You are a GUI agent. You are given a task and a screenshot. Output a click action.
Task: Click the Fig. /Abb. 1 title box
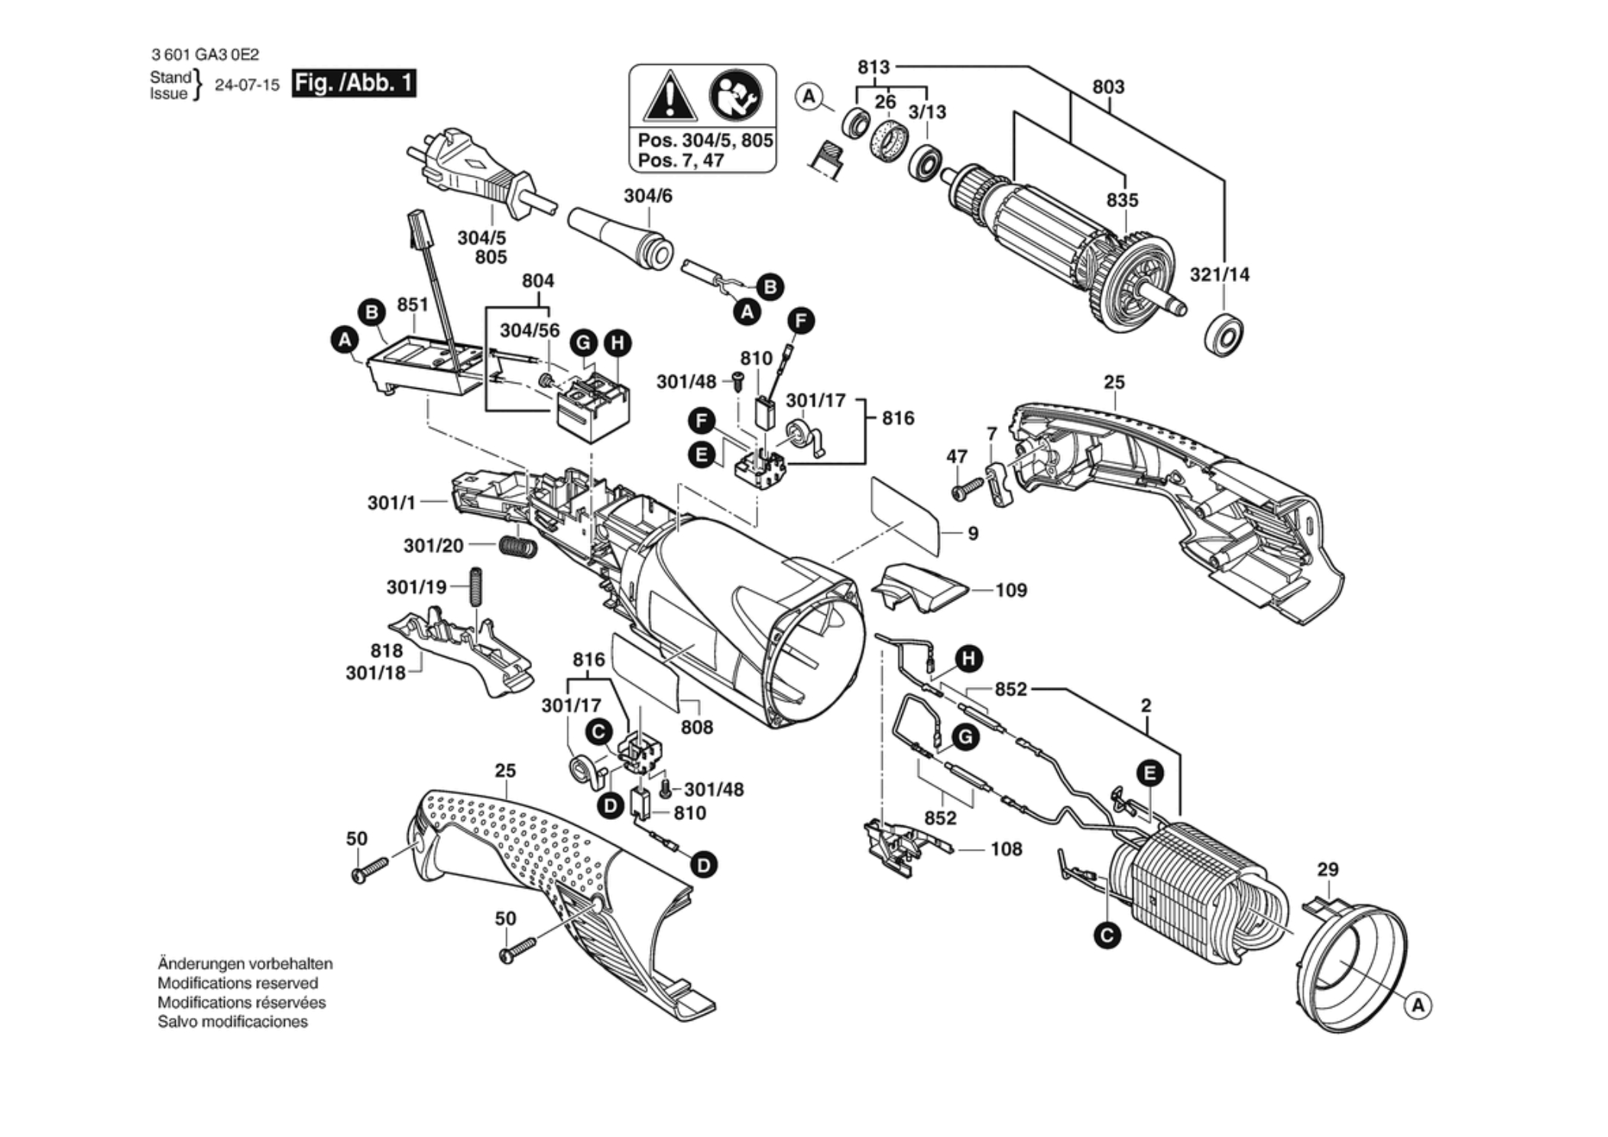[x=355, y=83]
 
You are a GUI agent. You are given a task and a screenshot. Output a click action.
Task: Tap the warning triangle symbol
[x=669, y=97]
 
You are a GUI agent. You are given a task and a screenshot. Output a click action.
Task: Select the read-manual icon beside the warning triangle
[x=734, y=96]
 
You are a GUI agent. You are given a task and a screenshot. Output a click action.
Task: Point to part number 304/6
[x=648, y=196]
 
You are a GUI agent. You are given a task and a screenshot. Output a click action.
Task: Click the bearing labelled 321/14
[x=1224, y=334]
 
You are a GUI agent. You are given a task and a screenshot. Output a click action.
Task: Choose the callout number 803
[x=1108, y=87]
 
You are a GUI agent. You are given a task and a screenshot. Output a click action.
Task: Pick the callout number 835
[x=1122, y=200]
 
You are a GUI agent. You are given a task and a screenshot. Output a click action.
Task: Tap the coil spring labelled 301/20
[x=518, y=546]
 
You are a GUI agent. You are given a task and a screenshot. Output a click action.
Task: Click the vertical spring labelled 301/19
[x=476, y=587]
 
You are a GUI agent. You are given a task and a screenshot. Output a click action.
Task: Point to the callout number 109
[x=1011, y=591]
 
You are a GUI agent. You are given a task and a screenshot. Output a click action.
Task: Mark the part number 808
[x=697, y=727]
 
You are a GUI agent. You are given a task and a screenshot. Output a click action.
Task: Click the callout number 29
[x=1328, y=870]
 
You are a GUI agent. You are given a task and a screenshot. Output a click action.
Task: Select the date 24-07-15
[x=247, y=85]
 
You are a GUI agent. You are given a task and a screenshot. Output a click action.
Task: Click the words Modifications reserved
[x=238, y=983]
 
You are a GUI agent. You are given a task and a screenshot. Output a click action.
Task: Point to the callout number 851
[x=413, y=305]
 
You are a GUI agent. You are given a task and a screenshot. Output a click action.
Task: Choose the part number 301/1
[x=391, y=503]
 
